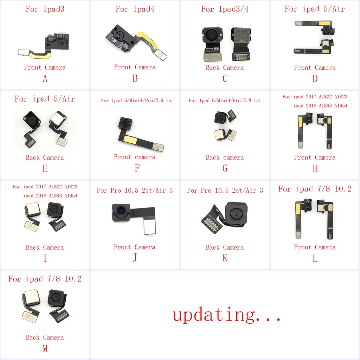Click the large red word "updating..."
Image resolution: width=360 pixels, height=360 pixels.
coord(227,315)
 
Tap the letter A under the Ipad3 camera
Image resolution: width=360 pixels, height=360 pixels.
coord(45,79)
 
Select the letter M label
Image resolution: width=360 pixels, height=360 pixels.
coord(45,348)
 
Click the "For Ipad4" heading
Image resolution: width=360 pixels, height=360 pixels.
coord(135,9)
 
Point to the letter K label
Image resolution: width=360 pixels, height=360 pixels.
coord(225,258)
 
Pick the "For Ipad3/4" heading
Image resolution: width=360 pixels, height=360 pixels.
coord(225,9)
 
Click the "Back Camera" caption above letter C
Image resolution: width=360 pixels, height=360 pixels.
coord(225,67)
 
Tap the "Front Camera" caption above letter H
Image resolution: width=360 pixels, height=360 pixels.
coord(315,157)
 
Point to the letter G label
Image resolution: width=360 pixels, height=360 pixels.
coord(225,168)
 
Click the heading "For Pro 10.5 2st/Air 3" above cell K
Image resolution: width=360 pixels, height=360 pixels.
coord(225,190)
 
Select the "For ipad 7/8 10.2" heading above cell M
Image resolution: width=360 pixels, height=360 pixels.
coord(45,279)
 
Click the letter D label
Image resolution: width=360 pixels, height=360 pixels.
coord(315,79)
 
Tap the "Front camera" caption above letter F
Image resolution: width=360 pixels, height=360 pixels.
coord(135,157)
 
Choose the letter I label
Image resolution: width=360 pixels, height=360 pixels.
coord(45,258)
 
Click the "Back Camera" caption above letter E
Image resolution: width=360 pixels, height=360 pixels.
coord(45,157)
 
